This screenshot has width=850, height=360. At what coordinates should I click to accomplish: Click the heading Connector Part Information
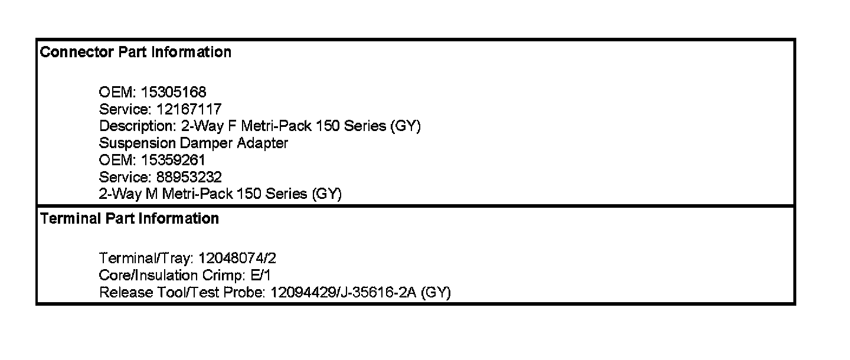tap(135, 53)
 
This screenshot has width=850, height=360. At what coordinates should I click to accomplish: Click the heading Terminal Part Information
tap(129, 219)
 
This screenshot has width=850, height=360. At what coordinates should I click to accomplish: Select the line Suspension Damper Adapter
tap(194, 143)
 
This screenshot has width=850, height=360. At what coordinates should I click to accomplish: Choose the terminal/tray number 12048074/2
tap(237, 258)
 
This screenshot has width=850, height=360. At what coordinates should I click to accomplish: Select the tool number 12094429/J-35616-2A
tap(343, 293)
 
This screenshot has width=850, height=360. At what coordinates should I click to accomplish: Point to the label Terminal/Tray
tap(146, 258)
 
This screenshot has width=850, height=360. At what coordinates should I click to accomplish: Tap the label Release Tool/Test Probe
tap(181, 293)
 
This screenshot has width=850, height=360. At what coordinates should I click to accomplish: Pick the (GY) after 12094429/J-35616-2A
tap(436, 293)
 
